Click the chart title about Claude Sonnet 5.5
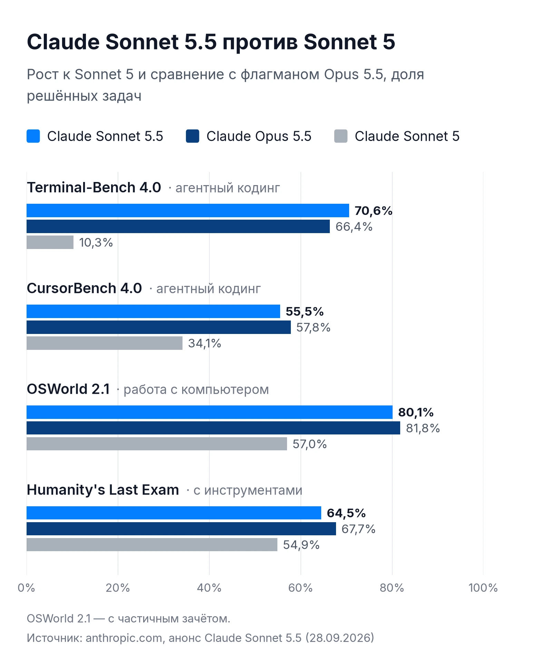(x=211, y=42)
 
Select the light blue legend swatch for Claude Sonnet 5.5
(x=33, y=136)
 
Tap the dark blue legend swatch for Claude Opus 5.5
(x=193, y=136)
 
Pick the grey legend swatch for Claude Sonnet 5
(x=341, y=136)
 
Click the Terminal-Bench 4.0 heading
(x=94, y=188)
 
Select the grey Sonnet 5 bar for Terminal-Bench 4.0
(x=50, y=242)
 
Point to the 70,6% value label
(x=374, y=211)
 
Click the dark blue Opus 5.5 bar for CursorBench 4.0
(x=159, y=327)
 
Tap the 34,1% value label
(x=205, y=343)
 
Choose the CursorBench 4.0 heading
(x=84, y=288)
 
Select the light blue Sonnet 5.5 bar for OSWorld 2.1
(x=209, y=412)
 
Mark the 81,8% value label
(x=423, y=428)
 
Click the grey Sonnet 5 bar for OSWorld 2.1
(x=157, y=444)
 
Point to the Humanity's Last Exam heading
(x=103, y=490)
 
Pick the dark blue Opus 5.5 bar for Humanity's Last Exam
(x=181, y=529)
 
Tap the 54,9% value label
(x=301, y=545)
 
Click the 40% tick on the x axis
(x=209, y=588)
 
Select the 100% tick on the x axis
(x=483, y=588)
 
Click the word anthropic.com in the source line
(x=124, y=638)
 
